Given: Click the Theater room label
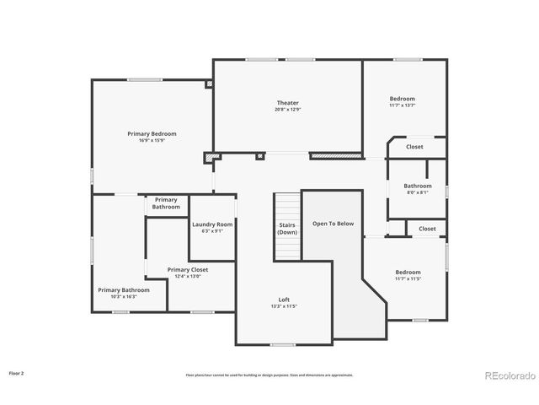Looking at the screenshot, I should pos(288,103).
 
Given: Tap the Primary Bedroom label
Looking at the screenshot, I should pos(152,133).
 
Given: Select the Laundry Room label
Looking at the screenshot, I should pos(212,224).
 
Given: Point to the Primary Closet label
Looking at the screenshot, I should pos(188,269).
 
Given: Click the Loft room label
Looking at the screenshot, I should pos(285,300).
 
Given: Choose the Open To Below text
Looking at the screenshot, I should pos(334,224).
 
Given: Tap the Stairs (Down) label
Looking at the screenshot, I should pos(287,228).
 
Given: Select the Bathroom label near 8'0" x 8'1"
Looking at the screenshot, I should pos(417,186).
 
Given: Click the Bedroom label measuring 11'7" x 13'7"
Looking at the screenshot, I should pos(402,99).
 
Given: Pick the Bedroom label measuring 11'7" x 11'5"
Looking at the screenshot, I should pos(408,272).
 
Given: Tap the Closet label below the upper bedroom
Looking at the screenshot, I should pos(414,147).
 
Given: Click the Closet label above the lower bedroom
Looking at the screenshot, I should pos(427,229).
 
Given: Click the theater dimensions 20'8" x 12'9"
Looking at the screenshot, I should pos(288,110).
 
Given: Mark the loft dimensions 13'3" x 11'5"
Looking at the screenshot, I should pos(285,306).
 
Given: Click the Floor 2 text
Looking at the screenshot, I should pos(17,372).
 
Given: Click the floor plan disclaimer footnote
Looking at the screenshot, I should pos(269,375).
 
